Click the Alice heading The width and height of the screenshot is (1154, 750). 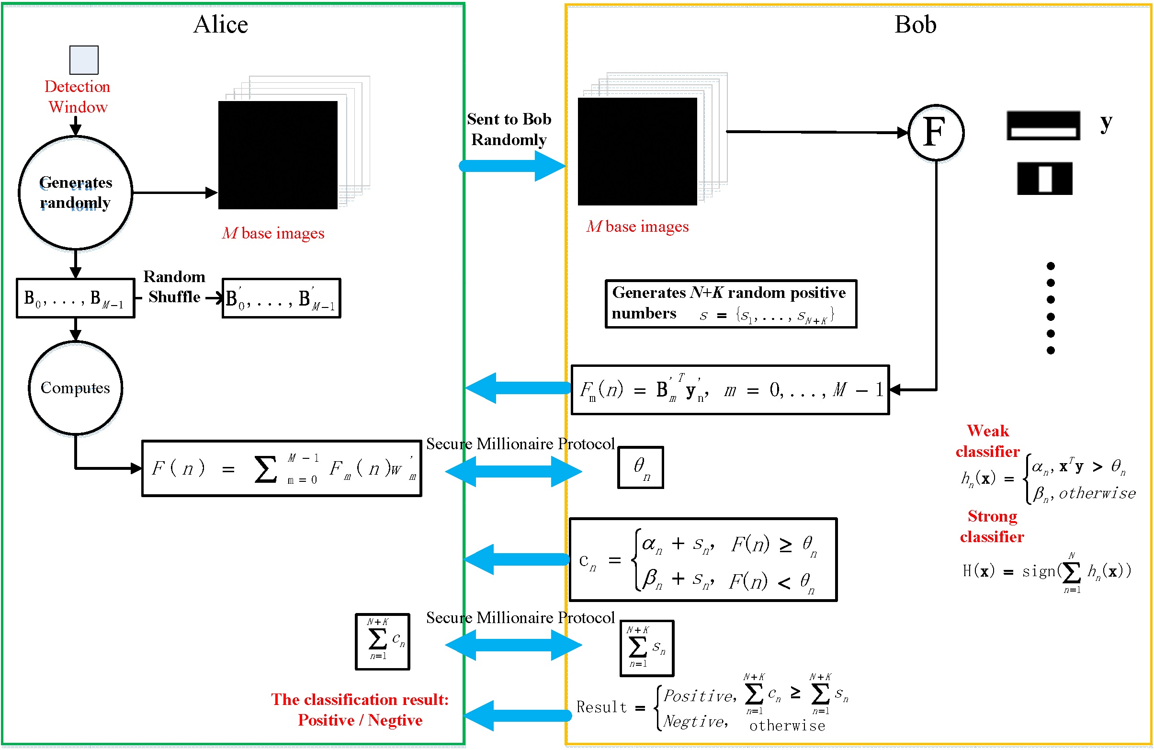(x=221, y=24)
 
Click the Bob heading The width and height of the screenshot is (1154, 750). (x=915, y=24)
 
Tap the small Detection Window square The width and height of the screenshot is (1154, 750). (x=84, y=60)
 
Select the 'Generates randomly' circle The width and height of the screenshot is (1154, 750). (x=76, y=193)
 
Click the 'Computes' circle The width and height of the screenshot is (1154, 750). (x=76, y=388)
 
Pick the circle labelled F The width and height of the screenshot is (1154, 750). (x=935, y=132)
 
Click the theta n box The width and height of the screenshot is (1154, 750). (x=641, y=467)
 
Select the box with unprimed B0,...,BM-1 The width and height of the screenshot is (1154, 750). (x=76, y=298)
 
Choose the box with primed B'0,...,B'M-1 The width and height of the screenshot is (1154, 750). (x=281, y=298)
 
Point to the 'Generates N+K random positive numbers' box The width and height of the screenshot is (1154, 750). (x=731, y=304)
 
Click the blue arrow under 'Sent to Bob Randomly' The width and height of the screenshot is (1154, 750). (x=511, y=166)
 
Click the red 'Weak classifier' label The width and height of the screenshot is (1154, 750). (x=988, y=441)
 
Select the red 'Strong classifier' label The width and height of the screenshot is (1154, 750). (x=992, y=526)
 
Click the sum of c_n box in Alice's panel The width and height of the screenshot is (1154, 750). (x=383, y=641)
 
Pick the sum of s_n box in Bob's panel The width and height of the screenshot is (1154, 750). (x=647, y=648)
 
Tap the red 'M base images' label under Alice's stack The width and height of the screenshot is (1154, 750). (x=273, y=233)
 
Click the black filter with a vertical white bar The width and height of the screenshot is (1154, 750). (x=1044, y=179)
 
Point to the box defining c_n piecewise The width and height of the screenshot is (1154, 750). (x=702, y=560)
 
